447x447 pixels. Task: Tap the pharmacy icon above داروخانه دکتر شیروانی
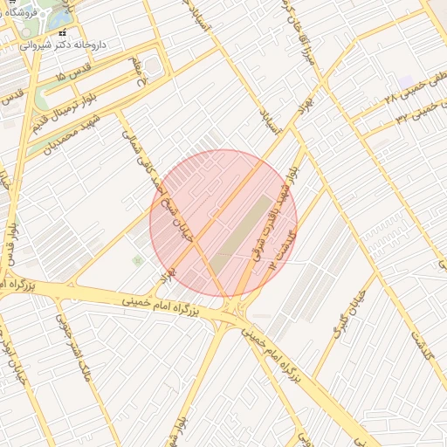click(62, 32)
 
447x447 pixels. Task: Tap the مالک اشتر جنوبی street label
click(77, 354)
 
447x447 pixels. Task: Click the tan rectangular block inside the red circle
click(241, 231)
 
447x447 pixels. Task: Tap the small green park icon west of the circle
click(136, 260)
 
